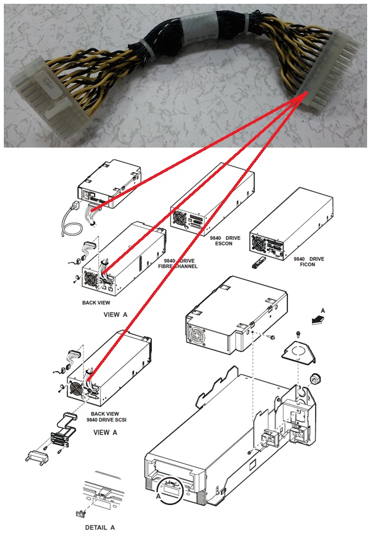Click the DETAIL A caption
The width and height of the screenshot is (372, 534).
coord(100,527)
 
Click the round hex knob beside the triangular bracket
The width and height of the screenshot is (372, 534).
coord(315,378)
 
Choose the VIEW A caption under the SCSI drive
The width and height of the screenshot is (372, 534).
coord(105,432)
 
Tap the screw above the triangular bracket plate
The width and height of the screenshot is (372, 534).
coord(299,333)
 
